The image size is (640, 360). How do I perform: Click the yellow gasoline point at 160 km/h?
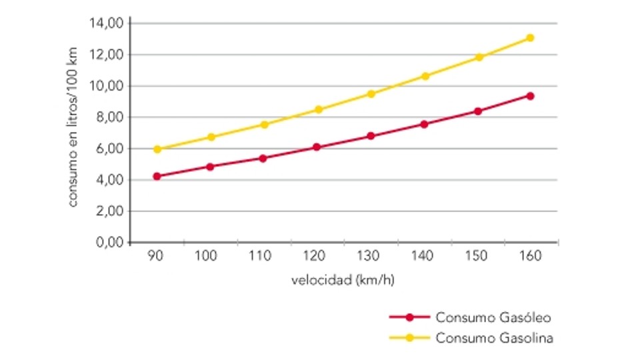pos(530,38)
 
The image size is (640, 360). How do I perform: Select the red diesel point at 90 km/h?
pos(157,177)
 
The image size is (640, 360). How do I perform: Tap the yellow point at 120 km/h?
pos(319,109)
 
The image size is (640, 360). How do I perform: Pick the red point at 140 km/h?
pos(424,124)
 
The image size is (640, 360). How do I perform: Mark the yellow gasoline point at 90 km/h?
pos(157,149)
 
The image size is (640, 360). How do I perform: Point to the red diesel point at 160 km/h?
pos(530,96)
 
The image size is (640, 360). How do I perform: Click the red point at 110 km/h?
pos(263,158)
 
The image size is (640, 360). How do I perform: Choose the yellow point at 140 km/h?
pos(425,76)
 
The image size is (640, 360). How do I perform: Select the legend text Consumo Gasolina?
pos(494,337)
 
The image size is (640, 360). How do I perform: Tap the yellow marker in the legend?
pos(409,337)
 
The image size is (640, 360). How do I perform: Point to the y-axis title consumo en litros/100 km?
pos(73,126)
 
